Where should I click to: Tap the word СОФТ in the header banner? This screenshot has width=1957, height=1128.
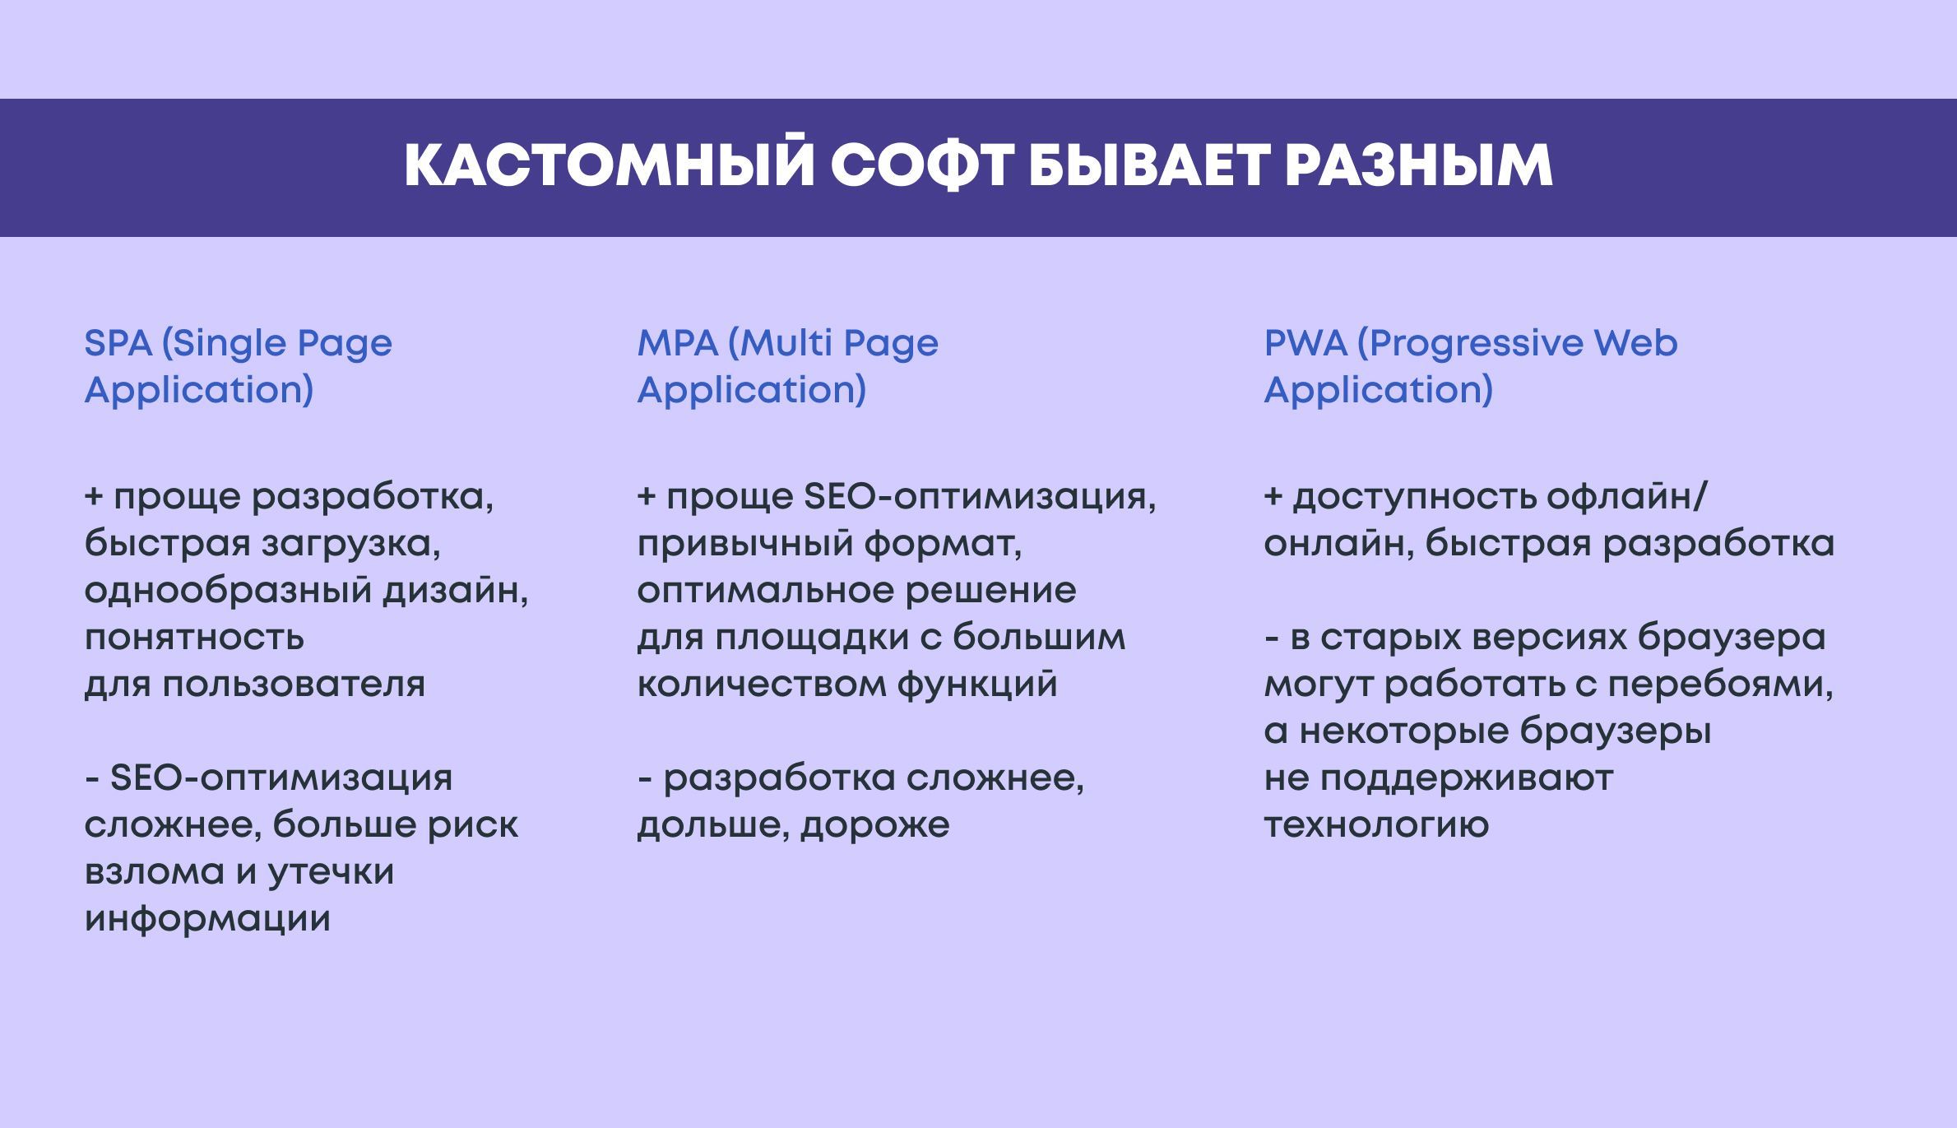tap(922, 166)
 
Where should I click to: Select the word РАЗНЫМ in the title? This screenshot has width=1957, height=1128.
tap(1419, 166)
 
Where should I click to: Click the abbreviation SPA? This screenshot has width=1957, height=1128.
tap(118, 343)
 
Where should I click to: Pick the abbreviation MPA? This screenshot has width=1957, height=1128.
tap(678, 343)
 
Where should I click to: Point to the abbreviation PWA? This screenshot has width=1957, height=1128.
tap(1305, 343)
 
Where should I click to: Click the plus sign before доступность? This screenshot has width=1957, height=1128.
tap(1273, 497)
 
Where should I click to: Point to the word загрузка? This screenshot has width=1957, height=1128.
tap(351, 545)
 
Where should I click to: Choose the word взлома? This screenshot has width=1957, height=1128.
tap(154, 872)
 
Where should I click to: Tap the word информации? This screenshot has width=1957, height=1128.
tap(207, 919)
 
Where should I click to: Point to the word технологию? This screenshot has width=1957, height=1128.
tap(1376, 825)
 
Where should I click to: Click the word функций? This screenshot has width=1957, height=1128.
tap(977, 685)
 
